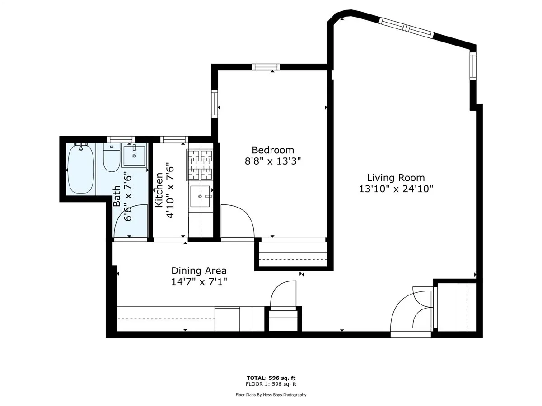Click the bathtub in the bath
tap(81, 169)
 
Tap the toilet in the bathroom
tap(111, 158)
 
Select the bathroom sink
tap(134, 156)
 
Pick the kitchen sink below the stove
tap(201, 196)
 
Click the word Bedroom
tap(273, 150)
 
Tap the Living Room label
tap(396, 178)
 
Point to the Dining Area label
tap(199, 271)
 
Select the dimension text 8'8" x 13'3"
tap(273, 161)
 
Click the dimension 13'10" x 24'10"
tap(396, 189)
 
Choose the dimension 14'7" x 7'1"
tap(199, 282)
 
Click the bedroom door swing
tap(238, 221)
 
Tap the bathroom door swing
tap(131, 221)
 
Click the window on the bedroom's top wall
tap(266, 67)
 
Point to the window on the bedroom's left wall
tap(215, 104)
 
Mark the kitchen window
tap(174, 139)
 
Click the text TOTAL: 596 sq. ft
tap(271, 378)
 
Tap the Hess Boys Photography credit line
tap(271, 395)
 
